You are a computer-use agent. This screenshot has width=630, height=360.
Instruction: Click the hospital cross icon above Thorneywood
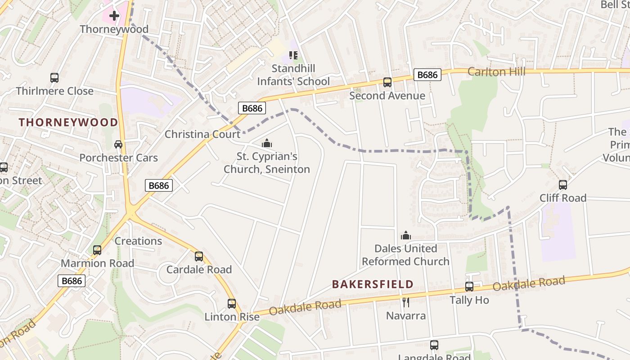pos(114,16)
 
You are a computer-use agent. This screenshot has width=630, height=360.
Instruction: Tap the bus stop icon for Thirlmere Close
pos(54,77)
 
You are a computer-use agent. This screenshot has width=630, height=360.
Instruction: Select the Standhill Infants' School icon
pos(293,55)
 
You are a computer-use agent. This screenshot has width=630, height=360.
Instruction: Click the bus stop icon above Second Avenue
pos(387,82)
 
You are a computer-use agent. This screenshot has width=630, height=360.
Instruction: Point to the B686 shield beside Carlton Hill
pos(427,75)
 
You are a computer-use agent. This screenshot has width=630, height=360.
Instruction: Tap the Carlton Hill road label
pos(496,72)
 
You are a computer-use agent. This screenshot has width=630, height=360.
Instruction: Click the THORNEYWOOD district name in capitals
pos(68,122)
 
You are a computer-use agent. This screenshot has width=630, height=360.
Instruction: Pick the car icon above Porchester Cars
pos(118,144)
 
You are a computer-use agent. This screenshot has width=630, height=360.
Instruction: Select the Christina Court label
pos(202,134)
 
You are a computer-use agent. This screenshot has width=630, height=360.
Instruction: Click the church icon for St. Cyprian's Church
pos(267,144)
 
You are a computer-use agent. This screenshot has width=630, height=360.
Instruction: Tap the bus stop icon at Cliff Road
pos(563,184)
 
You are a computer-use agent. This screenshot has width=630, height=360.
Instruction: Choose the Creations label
pos(138,241)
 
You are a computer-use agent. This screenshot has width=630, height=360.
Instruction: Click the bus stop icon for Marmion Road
pos(97,250)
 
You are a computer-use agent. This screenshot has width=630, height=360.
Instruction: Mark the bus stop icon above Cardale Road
pos(199,256)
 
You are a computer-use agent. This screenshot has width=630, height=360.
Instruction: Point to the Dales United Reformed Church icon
pos(406,235)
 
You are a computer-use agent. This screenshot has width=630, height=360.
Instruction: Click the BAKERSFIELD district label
pos(373,284)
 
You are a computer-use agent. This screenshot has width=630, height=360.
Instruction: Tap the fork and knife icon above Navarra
pos(406,302)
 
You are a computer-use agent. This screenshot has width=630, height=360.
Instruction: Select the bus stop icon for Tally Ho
pos(469,286)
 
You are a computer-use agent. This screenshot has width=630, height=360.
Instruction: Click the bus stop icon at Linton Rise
pos(232,303)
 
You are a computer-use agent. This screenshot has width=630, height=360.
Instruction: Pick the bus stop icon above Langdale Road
pos(434,345)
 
